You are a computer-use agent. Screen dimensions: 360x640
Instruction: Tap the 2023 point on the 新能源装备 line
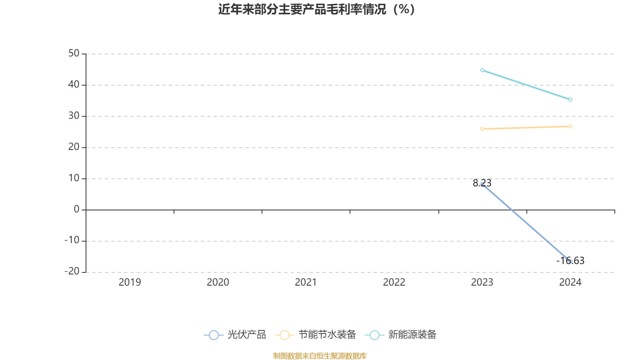[482, 70]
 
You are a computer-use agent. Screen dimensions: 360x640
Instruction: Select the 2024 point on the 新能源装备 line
[570, 100]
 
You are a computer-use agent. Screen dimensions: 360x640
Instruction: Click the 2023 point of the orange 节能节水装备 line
[482, 129]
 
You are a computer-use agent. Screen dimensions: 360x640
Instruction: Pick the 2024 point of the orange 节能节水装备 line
[570, 126]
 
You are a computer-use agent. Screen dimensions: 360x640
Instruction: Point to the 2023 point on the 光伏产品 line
[482, 184]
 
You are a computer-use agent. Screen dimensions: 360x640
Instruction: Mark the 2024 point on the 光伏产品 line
[570, 262]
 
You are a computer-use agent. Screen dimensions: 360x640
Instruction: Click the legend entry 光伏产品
[235, 335]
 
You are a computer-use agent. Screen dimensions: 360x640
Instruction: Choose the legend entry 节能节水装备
[316, 335]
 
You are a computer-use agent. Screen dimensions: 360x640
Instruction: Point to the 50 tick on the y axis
[74, 53]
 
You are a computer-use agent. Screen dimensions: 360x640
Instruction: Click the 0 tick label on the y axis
[77, 209]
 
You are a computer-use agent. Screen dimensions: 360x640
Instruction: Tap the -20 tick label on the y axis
[72, 271]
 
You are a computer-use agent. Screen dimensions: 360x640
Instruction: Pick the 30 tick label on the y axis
[74, 116]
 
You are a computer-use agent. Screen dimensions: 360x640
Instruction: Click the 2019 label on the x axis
[130, 282]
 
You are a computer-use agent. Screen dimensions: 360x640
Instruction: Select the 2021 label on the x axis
[306, 282]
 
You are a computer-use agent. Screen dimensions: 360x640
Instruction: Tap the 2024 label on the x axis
[570, 282]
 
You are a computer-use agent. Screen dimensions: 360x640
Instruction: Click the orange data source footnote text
[320, 356]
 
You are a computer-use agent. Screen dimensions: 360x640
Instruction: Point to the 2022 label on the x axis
[394, 282]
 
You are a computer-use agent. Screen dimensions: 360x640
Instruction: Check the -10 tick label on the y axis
[72, 240]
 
